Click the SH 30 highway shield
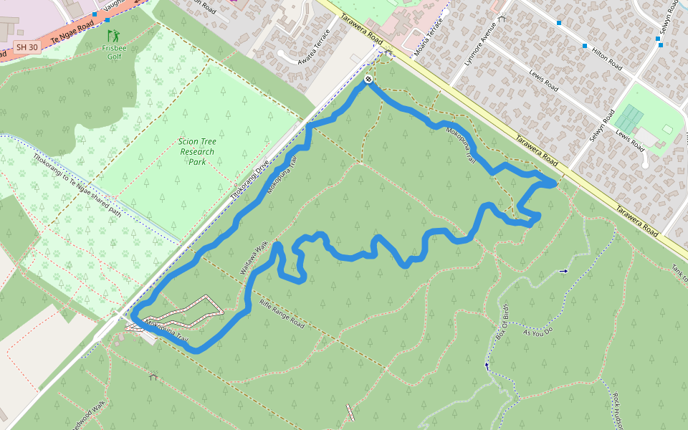tap(27, 47)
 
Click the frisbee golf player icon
tap(113, 34)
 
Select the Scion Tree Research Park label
tap(197, 151)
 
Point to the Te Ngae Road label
tap(72, 33)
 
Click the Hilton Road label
tap(606, 54)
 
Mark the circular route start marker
tap(368, 80)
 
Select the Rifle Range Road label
tap(282, 313)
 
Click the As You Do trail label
tap(538, 333)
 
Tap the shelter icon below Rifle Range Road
tap(153, 376)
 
